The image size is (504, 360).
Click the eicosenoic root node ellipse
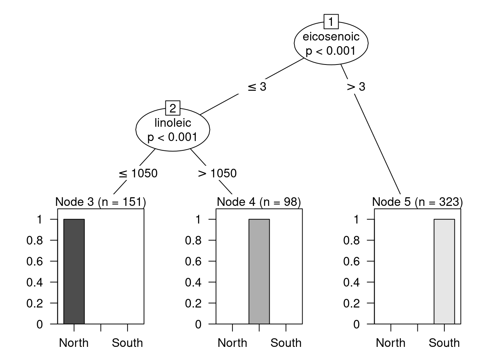point(331,43)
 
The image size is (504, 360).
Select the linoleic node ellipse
point(172,130)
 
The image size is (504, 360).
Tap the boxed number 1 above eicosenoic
point(331,22)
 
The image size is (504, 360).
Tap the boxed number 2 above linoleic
point(172,108)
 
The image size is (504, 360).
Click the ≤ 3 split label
point(257,87)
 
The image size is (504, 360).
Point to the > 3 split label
point(355,87)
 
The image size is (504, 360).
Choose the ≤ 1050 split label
point(138,173)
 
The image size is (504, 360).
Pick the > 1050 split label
point(217,173)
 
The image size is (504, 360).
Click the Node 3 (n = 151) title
point(100,202)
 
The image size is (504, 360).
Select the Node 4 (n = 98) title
point(259,202)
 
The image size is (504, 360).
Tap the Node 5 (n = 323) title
point(417,202)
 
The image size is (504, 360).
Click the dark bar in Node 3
point(74,271)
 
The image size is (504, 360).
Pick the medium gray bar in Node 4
point(259,271)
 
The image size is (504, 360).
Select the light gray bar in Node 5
point(444,271)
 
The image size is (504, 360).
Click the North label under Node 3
point(74,343)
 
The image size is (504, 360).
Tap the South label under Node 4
point(286,343)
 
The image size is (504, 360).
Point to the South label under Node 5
point(444,343)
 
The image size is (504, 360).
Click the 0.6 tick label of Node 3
point(34,261)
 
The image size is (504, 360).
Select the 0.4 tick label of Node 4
point(193,282)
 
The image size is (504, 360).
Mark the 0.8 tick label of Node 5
point(351,240)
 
